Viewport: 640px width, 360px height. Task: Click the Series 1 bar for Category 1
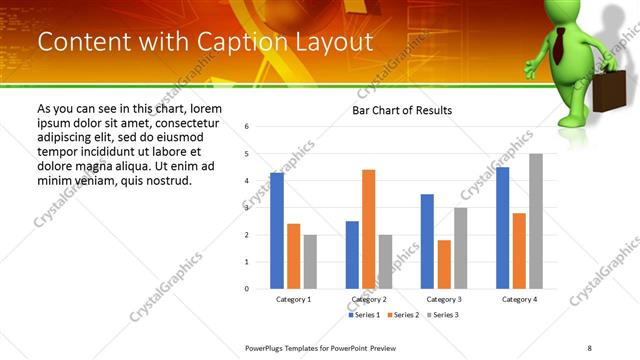pyautogui.click(x=277, y=230)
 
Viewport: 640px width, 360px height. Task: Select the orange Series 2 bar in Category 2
pyautogui.click(x=369, y=229)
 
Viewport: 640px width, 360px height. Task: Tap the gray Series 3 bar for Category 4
pyautogui.click(x=536, y=221)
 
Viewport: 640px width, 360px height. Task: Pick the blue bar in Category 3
pyautogui.click(x=427, y=241)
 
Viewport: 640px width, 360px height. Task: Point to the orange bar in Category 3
pyautogui.click(x=444, y=264)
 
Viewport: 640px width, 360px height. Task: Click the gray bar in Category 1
pyautogui.click(x=310, y=261)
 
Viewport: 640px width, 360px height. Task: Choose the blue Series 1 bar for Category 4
pyautogui.click(x=502, y=227)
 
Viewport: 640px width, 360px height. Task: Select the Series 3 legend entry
pyautogui.click(x=442, y=315)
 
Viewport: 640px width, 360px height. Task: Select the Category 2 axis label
pyautogui.click(x=369, y=299)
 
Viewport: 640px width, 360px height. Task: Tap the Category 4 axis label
pyautogui.click(x=519, y=299)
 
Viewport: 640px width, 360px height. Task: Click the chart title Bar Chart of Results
pyautogui.click(x=402, y=110)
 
